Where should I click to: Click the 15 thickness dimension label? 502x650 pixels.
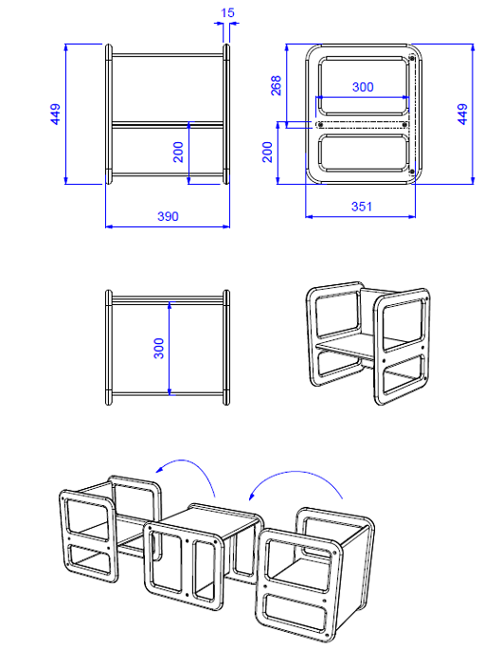click(x=227, y=13)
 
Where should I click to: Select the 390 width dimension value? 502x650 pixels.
click(x=168, y=216)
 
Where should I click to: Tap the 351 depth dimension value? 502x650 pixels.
click(x=362, y=207)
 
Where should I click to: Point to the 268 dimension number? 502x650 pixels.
click(x=276, y=86)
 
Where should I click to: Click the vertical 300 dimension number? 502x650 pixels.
click(x=159, y=349)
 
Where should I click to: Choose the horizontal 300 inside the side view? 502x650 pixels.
click(x=363, y=87)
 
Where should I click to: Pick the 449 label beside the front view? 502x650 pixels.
click(x=55, y=114)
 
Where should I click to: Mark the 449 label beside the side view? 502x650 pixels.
click(x=462, y=114)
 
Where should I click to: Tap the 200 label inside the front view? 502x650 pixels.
click(x=178, y=153)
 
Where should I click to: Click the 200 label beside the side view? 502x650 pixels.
click(x=268, y=153)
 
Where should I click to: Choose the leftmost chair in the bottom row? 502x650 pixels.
click(x=110, y=529)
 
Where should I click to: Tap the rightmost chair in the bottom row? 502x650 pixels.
click(x=315, y=574)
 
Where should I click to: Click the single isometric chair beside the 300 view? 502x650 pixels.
click(x=368, y=343)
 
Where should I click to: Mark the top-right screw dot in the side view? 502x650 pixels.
click(x=412, y=59)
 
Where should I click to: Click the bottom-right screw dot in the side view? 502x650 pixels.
click(x=412, y=172)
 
